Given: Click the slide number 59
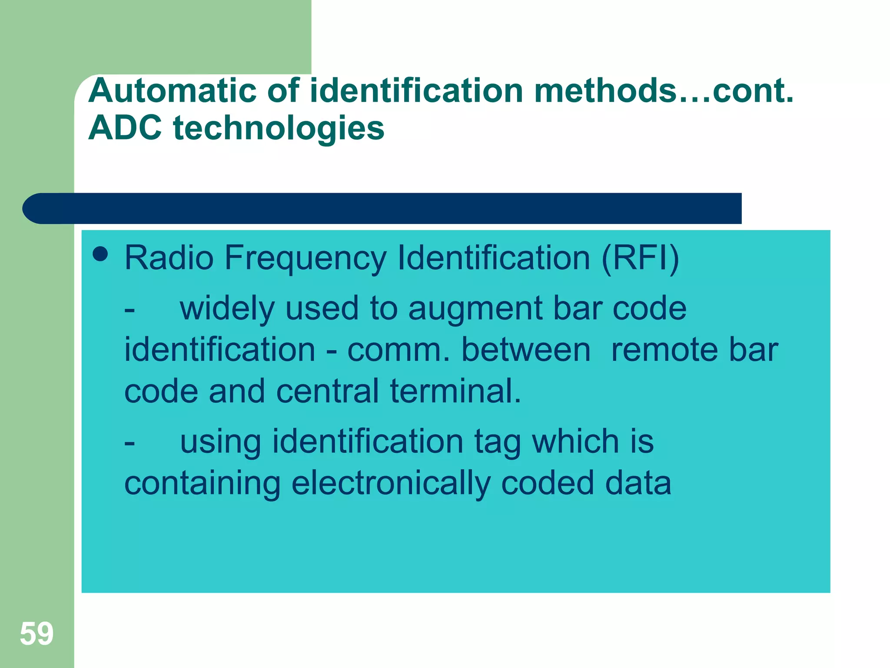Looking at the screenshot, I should pos(37,634).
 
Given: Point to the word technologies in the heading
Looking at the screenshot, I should pos(279,129).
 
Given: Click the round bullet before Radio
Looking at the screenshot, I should pos(100,254).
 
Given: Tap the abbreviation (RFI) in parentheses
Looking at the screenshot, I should pos(640,258).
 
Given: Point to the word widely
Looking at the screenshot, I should pos(227,309).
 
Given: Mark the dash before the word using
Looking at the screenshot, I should pos(130,443).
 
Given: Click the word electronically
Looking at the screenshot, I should pos(391,484).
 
